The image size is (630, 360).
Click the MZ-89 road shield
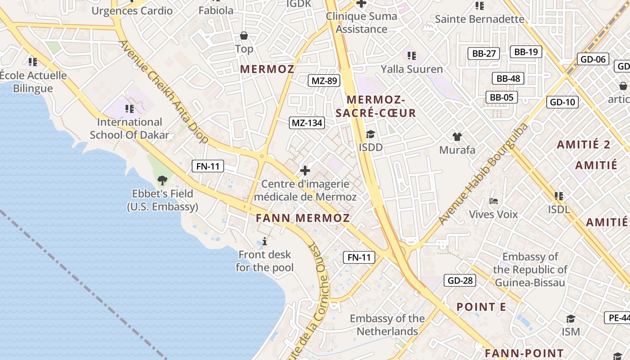pos(324,81)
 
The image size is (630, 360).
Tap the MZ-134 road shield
pos(307,122)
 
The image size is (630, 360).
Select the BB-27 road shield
pos(484,54)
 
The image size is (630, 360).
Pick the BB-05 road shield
pos(501,97)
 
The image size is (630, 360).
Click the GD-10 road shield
pos(562,102)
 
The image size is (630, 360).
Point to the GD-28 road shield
pos(460,281)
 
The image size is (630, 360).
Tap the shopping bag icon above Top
pos(244,36)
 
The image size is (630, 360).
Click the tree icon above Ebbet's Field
pos(162,180)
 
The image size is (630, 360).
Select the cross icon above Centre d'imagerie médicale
pos(305,171)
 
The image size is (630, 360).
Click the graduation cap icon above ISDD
pos(370,134)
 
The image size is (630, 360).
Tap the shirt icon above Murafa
pos(457,137)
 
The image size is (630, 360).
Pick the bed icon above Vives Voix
pos(494,201)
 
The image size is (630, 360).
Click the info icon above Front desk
pos(265,242)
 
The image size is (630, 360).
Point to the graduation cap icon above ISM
pos(571,319)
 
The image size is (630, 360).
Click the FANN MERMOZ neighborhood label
pos(303,218)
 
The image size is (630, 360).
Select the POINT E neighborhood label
pos(481,307)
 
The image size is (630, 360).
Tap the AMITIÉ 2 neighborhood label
pos(584,144)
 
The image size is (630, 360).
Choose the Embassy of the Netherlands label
pos(387,325)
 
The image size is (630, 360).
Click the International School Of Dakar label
pos(130,128)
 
